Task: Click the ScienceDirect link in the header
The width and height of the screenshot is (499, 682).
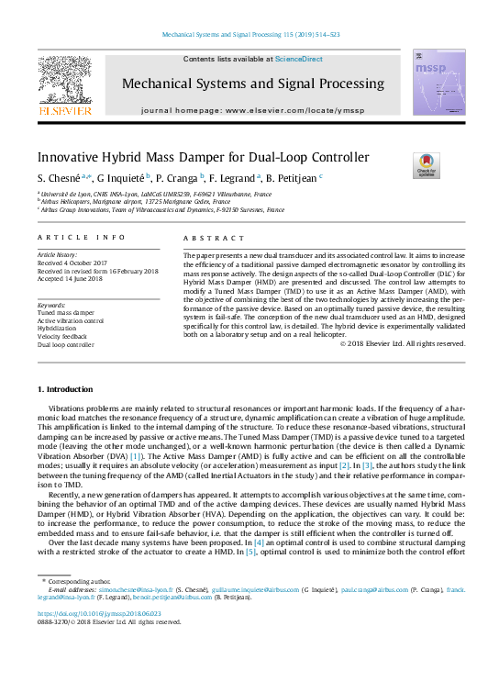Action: click(x=298, y=59)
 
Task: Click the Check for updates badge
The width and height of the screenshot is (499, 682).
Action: click(x=427, y=165)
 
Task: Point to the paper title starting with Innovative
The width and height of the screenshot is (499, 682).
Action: click(x=203, y=158)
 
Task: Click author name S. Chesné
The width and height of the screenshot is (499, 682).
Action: click(x=61, y=178)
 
